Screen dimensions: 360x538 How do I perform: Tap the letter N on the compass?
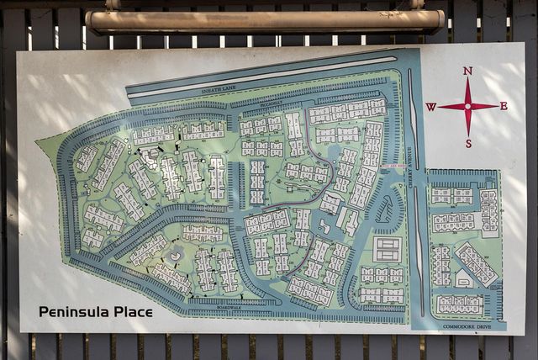[467, 71]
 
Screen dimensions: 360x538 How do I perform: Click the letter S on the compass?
[467, 143]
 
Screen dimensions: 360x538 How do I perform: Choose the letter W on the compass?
[430, 107]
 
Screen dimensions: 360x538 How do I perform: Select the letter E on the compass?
[504, 106]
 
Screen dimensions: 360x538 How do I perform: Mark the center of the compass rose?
[467, 106]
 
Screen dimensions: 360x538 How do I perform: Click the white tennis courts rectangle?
[387, 249]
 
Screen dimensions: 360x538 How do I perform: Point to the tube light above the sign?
[265, 20]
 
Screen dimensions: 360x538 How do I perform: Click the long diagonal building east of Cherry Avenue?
[476, 263]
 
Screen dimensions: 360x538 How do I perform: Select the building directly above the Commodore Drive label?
[459, 304]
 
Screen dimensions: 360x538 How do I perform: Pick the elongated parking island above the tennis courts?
[385, 209]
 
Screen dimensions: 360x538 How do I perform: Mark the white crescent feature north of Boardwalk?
[175, 254]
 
